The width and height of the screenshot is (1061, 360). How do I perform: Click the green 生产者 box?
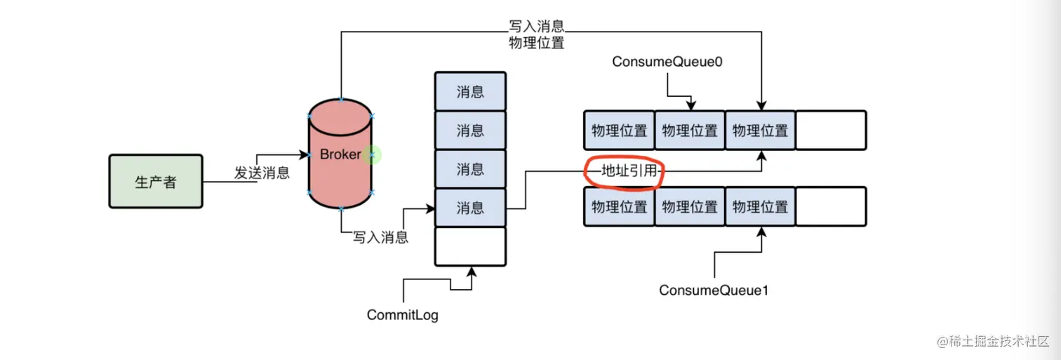[x=155, y=182]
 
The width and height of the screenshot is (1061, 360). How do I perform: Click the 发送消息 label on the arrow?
[x=262, y=173]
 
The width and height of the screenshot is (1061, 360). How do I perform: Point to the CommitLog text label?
[x=403, y=315]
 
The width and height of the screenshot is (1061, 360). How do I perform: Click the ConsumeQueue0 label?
[x=667, y=62]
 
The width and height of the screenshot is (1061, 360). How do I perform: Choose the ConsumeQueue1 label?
[x=714, y=290]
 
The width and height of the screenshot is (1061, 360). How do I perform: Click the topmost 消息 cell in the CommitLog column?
[x=470, y=92]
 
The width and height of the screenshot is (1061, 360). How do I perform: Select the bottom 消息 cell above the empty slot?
[x=470, y=208]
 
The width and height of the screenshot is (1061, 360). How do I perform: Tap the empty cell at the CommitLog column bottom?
[x=470, y=246]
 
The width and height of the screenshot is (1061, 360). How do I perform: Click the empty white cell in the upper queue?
[x=831, y=131]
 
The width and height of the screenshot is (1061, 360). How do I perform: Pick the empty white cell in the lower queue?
[x=831, y=207]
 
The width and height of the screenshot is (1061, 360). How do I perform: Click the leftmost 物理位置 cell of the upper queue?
[x=619, y=131]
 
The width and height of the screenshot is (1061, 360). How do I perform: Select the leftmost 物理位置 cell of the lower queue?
[x=619, y=207]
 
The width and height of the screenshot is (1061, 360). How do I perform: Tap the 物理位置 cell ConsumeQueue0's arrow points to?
[x=690, y=131]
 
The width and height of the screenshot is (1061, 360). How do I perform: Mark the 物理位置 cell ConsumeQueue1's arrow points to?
[x=761, y=207]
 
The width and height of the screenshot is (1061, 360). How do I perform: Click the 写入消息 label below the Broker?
[x=380, y=237]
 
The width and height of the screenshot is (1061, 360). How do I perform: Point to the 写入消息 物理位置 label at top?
[x=536, y=34]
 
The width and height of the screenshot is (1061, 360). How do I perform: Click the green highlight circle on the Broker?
[x=373, y=154]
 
